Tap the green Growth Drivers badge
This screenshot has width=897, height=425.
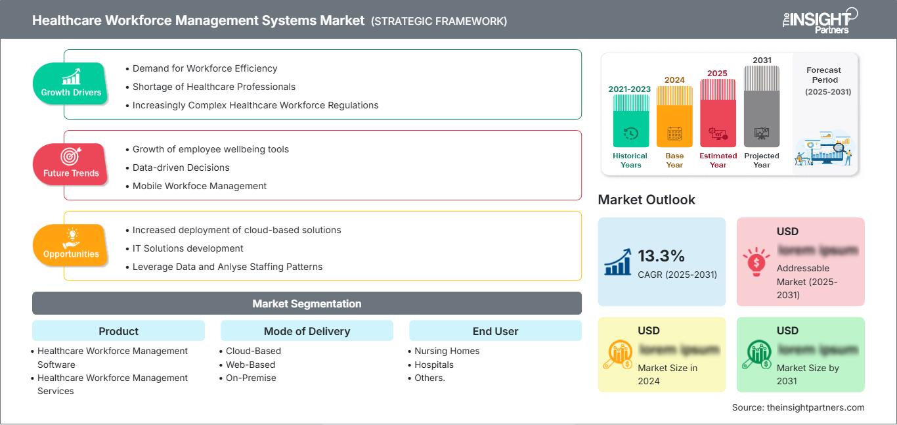[71, 84]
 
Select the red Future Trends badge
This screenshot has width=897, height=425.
[70, 165]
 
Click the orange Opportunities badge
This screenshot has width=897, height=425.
[70, 246]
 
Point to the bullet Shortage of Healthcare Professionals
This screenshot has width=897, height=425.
[213, 87]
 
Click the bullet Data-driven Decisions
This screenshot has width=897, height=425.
[181, 168]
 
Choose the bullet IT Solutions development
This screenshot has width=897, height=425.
[188, 248]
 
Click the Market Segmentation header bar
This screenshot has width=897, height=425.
[307, 303]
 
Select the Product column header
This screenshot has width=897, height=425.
[118, 331]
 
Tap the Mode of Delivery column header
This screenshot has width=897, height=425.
[307, 331]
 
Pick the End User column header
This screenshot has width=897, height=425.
[495, 331]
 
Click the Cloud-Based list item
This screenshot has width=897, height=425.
[253, 351]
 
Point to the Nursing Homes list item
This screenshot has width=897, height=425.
[447, 351]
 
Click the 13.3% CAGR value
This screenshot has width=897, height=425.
[661, 256]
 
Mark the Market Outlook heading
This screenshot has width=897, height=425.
[646, 200]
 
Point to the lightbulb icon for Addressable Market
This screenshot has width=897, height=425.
[756, 261]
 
